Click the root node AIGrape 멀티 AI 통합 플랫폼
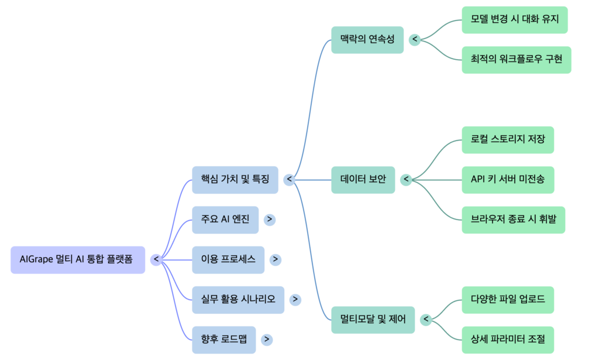[77, 259]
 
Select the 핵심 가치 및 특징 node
[235, 180]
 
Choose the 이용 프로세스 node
[228, 259]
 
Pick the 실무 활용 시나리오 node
[238, 299]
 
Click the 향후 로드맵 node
[224, 339]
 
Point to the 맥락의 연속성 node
[367, 40]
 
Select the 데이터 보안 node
[363, 180]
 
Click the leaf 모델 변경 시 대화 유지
[515, 19]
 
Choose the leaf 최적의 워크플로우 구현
[516, 60]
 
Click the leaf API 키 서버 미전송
[508, 180]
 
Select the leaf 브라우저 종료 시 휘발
[513, 220]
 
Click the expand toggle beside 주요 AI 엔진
[270, 220]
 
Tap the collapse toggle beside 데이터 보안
[407, 180]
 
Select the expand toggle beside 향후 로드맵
[267, 339]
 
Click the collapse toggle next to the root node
[156, 259]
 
